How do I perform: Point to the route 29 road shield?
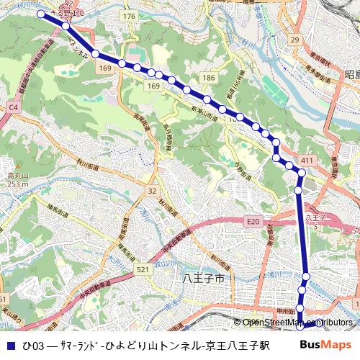(294, 39)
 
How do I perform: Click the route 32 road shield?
(151, 191)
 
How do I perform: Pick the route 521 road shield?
(143, 269)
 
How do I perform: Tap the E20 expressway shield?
(251, 222)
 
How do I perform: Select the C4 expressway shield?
(12, 107)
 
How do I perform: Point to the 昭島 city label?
(351, 74)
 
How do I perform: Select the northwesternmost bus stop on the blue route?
(41, 14)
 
